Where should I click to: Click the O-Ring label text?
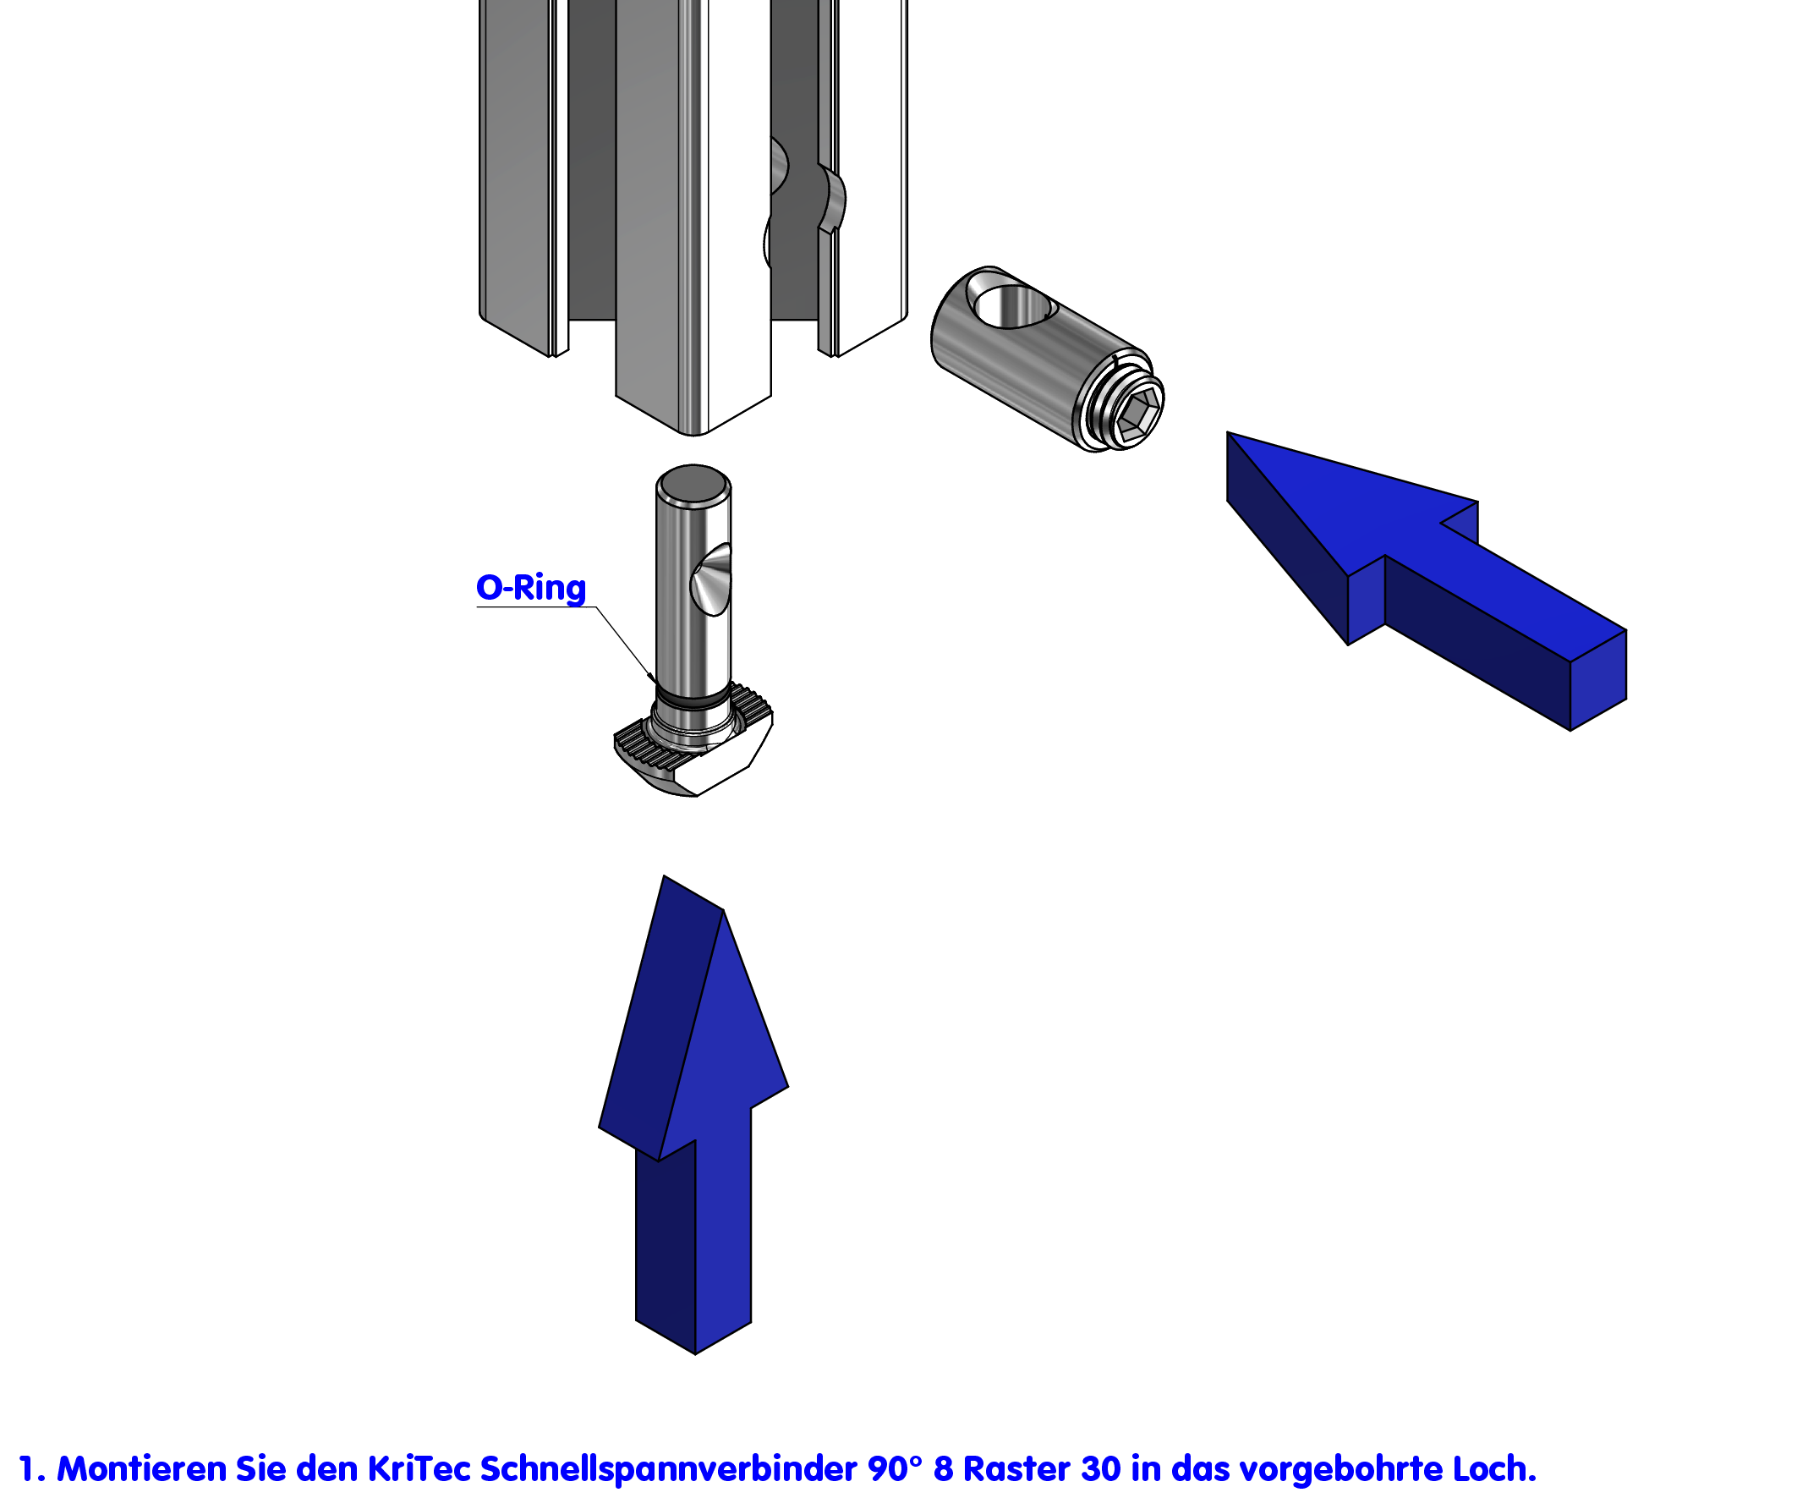click(530, 588)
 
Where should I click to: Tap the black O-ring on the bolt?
click(693, 700)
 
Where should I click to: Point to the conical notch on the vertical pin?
click(715, 579)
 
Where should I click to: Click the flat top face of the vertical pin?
click(694, 484)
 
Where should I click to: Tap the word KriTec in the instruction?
click(419, 1470)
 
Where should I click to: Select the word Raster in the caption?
click(1017, 1470)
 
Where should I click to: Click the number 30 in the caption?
click(1100, 1470)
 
